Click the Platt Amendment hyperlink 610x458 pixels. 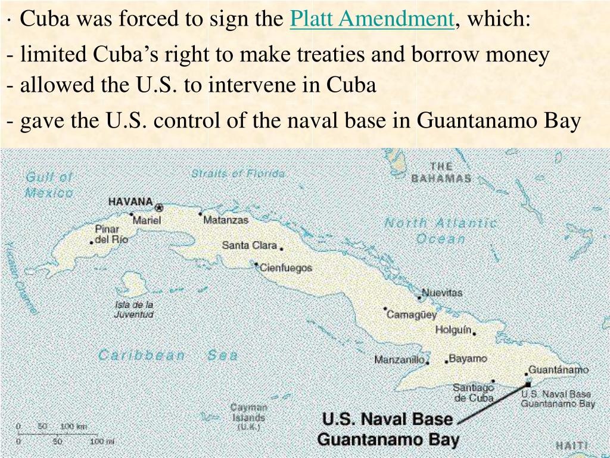(372, 20)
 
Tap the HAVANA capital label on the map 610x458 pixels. (130, 202)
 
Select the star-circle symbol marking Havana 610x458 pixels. (159, 208)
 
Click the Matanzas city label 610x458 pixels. (226, 220)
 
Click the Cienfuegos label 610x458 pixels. (285, 268)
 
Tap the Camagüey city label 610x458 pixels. (412, 314)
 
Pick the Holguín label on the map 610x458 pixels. (453, 330)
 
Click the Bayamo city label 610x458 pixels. (468, 359)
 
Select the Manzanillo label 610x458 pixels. (399, 360)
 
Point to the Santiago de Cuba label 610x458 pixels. (474, 393)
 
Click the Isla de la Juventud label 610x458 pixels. (134, 310)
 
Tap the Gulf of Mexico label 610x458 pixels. (49, 185)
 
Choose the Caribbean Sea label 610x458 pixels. (168, 355)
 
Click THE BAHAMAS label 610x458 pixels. (441, 172)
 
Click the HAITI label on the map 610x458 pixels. (571, 445)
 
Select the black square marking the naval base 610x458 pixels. (527, 385)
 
